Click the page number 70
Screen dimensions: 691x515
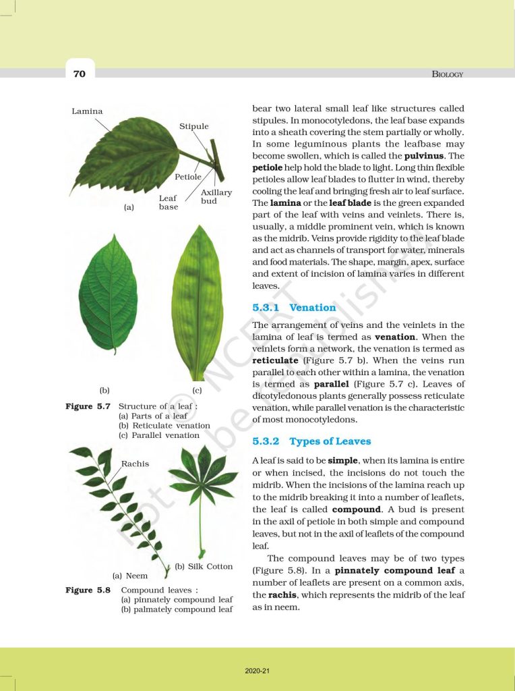[x=80, y=74]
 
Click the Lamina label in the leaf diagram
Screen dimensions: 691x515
[x=88, y=111]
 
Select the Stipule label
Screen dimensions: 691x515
[x=194, y=126]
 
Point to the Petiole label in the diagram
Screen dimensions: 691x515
[x=188, y=177]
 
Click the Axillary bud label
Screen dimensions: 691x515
[x=216, y=197]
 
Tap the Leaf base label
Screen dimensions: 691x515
[x=169, y=202]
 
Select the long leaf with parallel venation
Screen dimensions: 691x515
[x=198, y=304]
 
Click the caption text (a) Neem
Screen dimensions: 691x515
[x=130, y=576]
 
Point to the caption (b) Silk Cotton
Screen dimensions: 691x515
[x=204, y=566]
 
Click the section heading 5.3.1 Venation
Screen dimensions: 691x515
[x=294, y=308]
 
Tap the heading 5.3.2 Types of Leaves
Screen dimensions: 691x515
[x=311, y=441]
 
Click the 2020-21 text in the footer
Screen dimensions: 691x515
[x=257, y=671]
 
